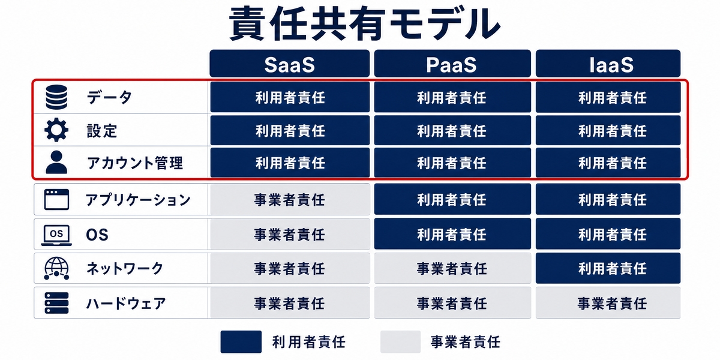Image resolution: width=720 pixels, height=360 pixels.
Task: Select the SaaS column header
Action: (289, 64)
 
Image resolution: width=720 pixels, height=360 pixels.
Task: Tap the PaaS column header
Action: (452, 64)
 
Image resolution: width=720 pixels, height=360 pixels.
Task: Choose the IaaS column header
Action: (608, 64)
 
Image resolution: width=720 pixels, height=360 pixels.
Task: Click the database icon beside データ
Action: (56, 97)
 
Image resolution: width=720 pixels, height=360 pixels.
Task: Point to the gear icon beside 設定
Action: (56, 130)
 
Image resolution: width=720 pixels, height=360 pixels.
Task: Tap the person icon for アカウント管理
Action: (56, 163)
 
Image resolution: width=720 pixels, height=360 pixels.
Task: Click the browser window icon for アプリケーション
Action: (56, 199)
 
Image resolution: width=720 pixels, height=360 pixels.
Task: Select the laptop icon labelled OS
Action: (56, 235)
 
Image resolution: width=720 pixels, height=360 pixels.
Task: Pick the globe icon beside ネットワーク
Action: (56, 268)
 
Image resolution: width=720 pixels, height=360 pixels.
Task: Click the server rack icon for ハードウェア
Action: (56, 303)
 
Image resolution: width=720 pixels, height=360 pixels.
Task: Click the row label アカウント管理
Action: (135, 163)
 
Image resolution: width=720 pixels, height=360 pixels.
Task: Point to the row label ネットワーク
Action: (125, 268)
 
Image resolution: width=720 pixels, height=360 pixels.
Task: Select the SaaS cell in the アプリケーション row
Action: (290, 199)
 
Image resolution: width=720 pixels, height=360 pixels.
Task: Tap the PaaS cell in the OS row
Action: (452, 233)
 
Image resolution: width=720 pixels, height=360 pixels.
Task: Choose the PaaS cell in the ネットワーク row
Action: (452, 268)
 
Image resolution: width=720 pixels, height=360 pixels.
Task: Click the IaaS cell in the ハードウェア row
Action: (608, 303)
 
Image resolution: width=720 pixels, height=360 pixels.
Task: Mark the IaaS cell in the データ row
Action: (608, 97)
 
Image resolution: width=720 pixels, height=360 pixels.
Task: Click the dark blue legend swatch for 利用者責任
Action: (241, 341)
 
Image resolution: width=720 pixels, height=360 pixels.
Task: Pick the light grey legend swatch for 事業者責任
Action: (401, 341)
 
